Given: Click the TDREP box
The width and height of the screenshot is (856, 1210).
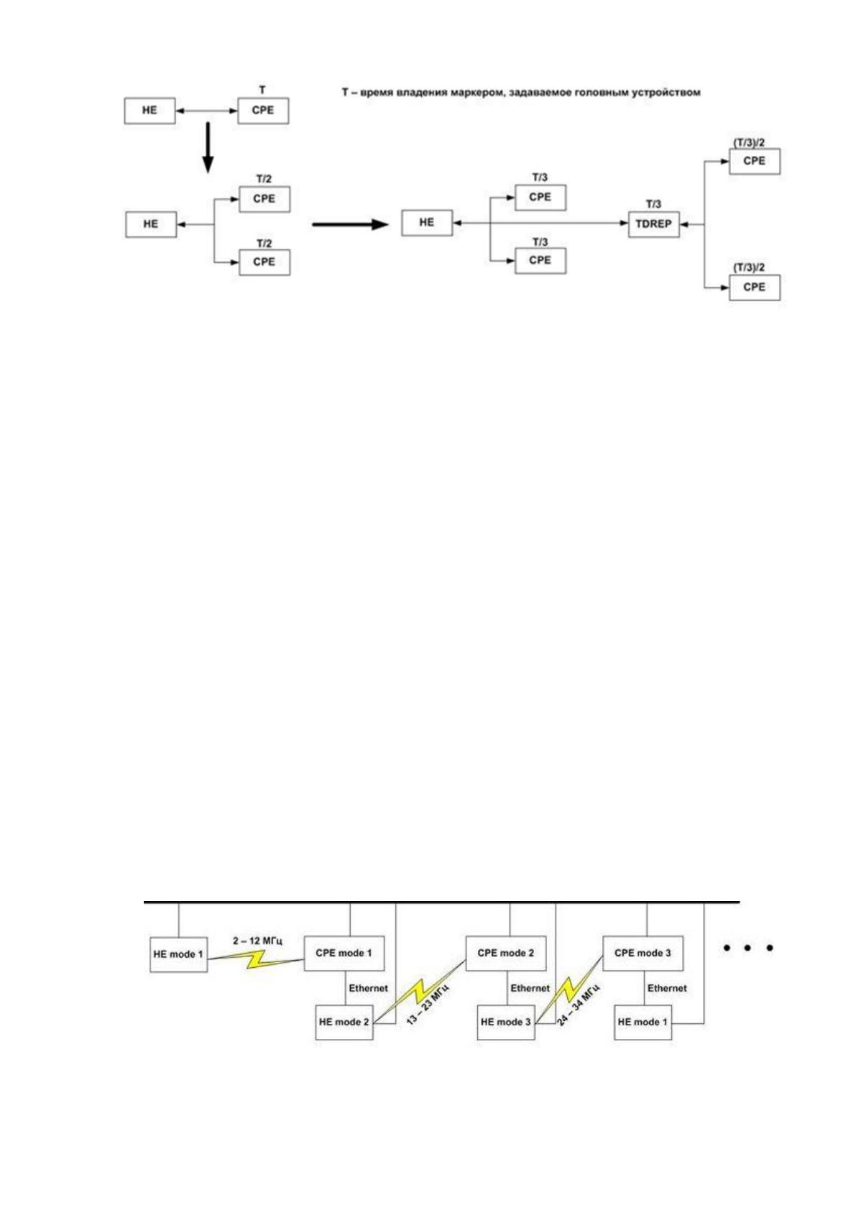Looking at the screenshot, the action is coord(653,224).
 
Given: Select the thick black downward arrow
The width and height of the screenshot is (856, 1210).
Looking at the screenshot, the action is coord(208,147).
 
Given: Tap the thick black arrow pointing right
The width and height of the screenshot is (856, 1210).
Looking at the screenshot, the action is coord(350,224).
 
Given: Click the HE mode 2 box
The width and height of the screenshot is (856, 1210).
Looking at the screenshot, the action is coord(344,1022).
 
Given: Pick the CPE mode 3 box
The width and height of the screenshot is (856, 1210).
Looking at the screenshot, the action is coord(643,953).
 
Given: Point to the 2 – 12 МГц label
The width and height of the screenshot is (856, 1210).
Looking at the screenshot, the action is coord(257,941).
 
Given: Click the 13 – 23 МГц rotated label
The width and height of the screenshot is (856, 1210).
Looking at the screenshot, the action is coord(428,1005).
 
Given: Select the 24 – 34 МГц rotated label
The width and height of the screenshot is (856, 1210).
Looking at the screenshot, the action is coord(579,1005).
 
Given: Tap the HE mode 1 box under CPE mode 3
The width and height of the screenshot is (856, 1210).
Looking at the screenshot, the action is coord(643,1022).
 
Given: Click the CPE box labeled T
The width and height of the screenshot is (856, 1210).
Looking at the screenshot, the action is coord(263,111).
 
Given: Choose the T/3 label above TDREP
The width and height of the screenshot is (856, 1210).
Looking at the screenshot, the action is coord(653,204).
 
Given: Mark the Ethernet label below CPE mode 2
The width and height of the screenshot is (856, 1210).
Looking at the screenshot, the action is coord(530,988).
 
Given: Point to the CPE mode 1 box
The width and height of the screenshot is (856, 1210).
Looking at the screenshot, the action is coord(344,953).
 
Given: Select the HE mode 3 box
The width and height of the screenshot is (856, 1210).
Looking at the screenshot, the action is coord(506,1022).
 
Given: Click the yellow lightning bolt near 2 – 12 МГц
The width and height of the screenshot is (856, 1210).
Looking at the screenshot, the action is coord(256,958).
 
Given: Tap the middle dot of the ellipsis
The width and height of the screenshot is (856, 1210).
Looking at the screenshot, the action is coord(747,948).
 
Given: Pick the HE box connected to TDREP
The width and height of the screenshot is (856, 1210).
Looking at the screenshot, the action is coord(427,223).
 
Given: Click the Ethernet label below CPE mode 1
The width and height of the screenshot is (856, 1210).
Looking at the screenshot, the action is coord(368,988).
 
